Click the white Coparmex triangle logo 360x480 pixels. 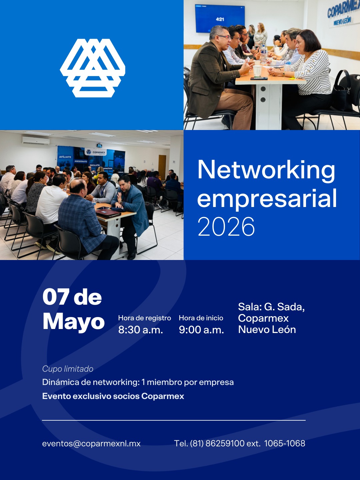tap(93, 68)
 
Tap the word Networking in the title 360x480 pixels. tap(266, 170)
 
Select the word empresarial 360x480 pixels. tap(267, 199)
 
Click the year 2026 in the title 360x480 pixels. tap(226, 227)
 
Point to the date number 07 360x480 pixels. tap(56, 297)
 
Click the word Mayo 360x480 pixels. tap(74, 321)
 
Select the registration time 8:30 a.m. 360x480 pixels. tap(140, 330)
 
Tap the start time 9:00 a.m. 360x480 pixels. tap(201, 330)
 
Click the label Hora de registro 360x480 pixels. tap(144, 318)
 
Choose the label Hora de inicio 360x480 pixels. tap(201, 318)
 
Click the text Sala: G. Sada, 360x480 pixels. tap(271, 307)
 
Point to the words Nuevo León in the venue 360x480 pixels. tap(267, 329)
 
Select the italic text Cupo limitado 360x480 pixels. tap(68, 369)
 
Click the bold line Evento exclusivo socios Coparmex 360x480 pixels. tap(113, 396)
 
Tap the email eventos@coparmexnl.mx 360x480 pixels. tap(91, 443)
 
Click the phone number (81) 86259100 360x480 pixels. tap(217, 443)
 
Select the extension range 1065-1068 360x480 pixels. tap(285, 443)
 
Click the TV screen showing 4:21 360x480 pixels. tap(220, 19)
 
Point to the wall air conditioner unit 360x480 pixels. tap(36, 141)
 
